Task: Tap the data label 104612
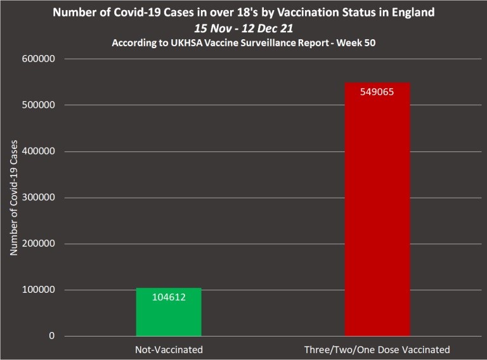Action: point(169,296)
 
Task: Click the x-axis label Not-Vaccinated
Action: point(169,350)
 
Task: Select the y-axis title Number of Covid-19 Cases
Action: point(13,198)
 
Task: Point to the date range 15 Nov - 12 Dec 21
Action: point(243,28)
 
